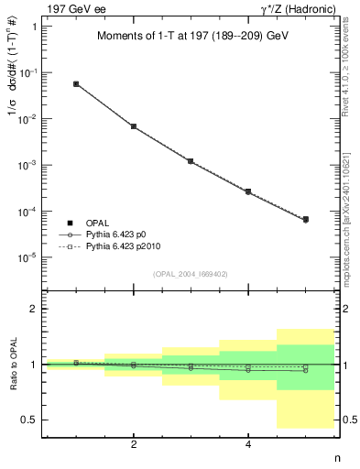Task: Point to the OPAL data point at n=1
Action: coord(76,83)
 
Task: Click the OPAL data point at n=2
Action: coord(134,126)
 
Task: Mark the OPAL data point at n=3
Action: coord(191,161)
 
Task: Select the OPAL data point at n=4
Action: coord(248,191)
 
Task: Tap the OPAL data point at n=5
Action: coord(306,220)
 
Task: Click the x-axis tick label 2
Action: coord(134,445)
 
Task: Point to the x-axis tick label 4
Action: coord(248,445)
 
